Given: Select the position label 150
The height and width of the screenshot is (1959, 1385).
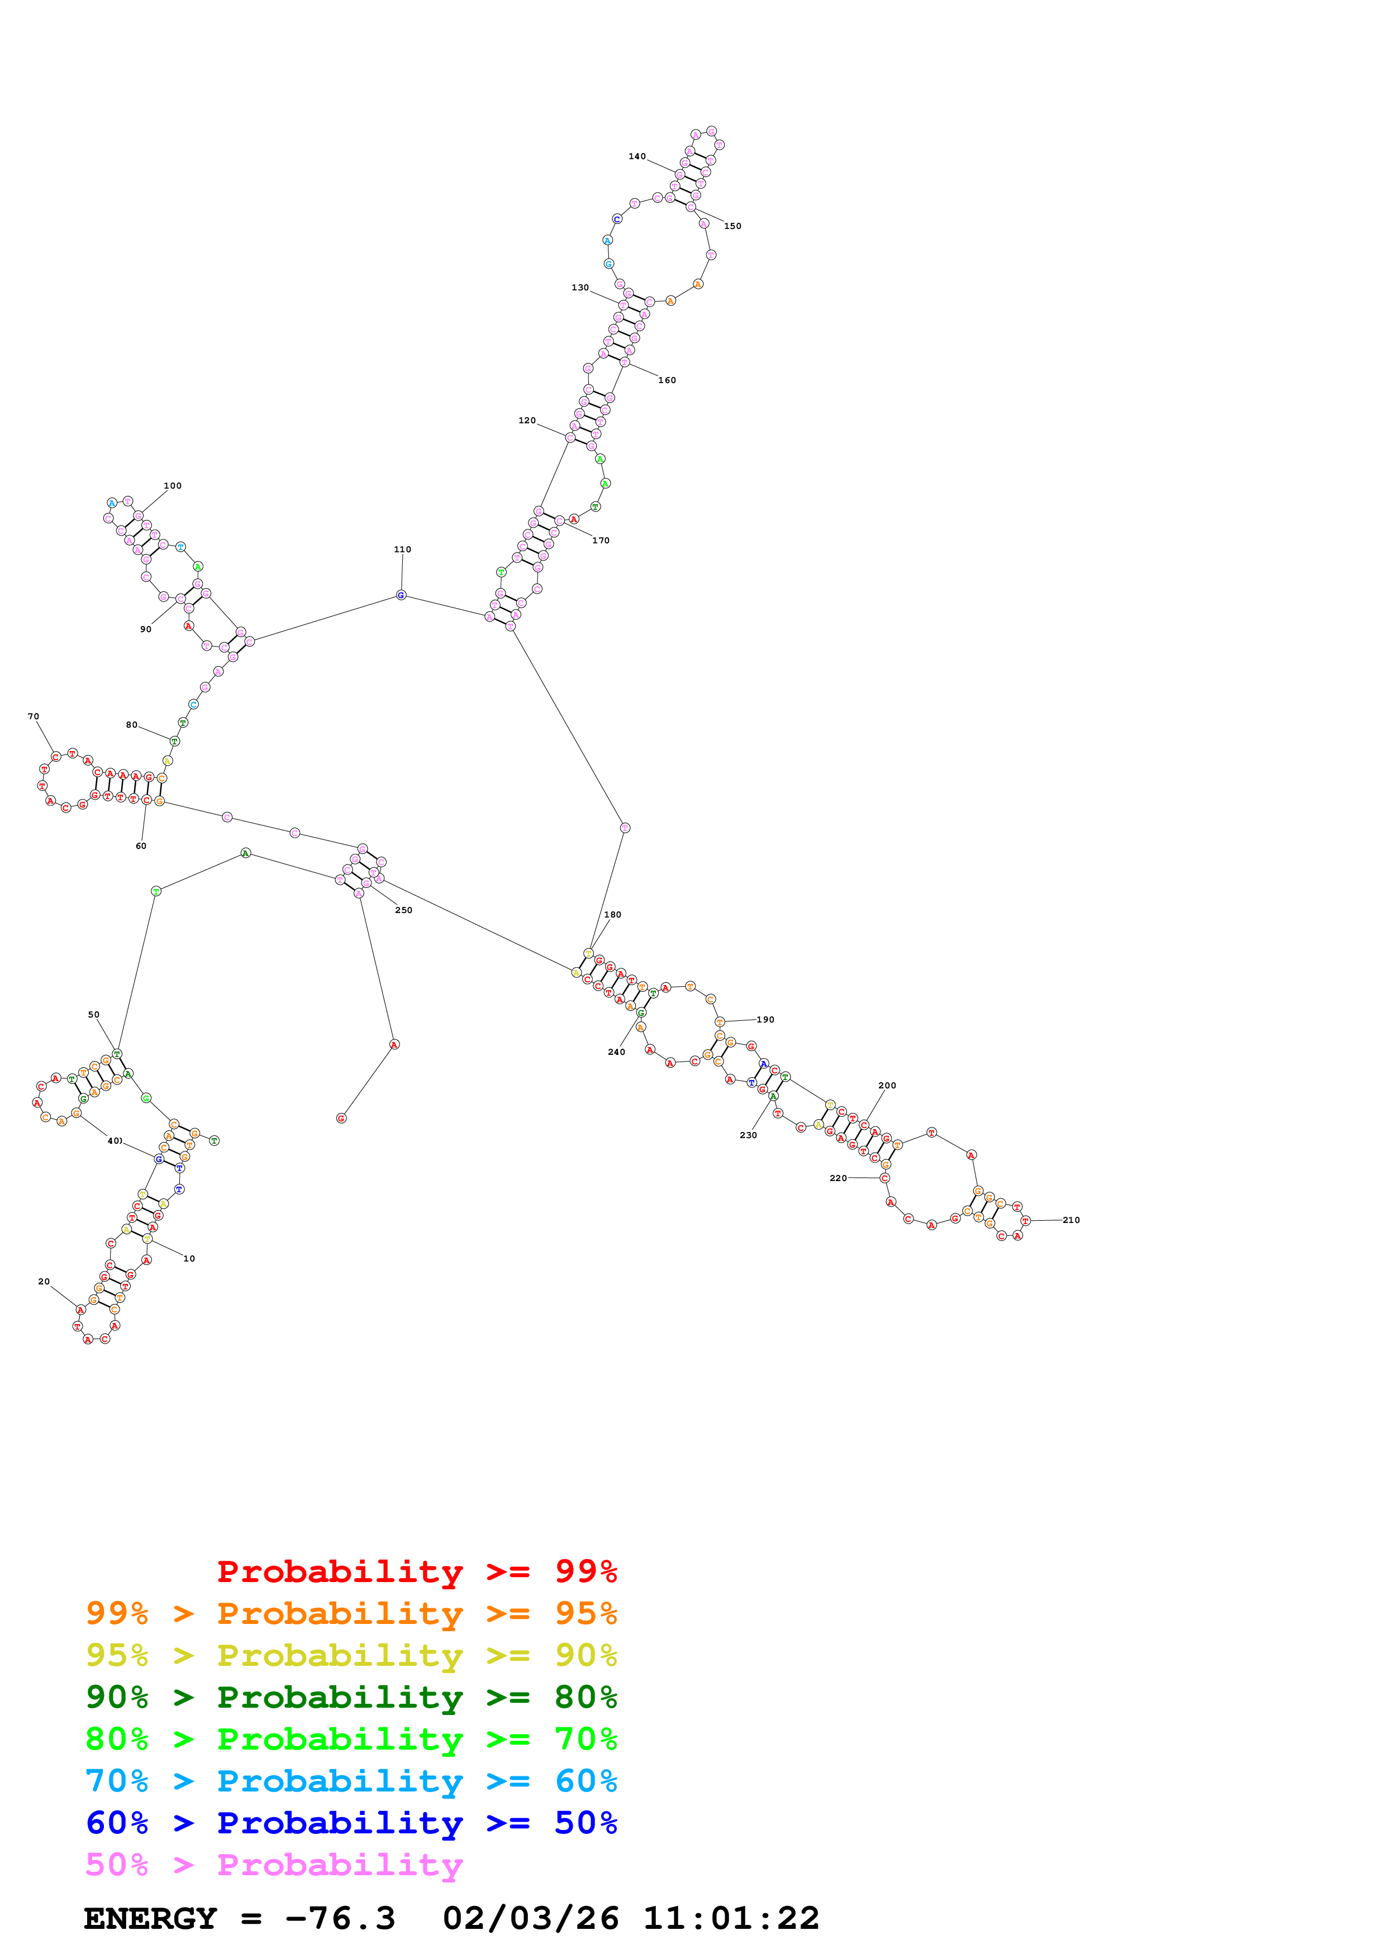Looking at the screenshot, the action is [732, 226].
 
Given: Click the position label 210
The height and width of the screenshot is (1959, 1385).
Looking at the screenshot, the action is [1071, 1220].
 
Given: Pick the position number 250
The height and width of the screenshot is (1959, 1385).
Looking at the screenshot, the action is [403, 910].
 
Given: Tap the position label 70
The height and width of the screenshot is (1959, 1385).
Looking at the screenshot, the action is [34, 716].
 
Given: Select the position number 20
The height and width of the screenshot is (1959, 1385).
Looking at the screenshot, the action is [44, 1282].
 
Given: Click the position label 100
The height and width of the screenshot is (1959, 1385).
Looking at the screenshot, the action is [173, 485].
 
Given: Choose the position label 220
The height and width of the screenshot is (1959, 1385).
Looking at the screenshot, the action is [838, 1178].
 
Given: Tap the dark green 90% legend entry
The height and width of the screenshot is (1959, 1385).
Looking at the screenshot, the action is [351, 1697].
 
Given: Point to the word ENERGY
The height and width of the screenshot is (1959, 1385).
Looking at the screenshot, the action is [150, 1919].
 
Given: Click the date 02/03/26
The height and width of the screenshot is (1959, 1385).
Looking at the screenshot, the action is [530, 1919].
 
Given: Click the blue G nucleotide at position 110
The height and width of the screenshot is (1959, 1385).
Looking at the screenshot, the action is [401, 595].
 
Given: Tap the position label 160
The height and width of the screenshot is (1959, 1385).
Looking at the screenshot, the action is [667, 380].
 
